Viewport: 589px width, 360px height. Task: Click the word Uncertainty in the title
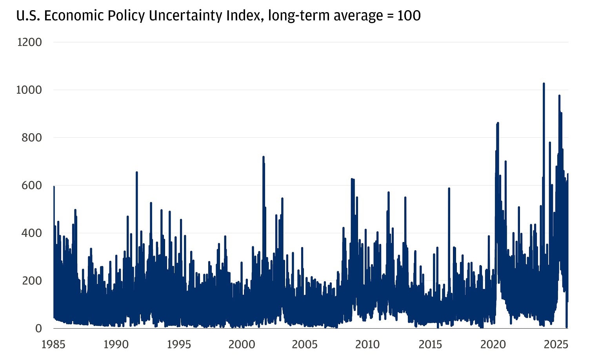(189, 16)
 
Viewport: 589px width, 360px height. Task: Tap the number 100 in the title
(409, 16)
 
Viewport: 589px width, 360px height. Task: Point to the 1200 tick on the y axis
(29, 42)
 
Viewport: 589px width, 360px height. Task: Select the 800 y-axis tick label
(31, 138)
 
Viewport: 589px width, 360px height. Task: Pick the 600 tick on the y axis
(31, 185)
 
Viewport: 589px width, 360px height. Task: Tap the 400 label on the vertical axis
(31, 233)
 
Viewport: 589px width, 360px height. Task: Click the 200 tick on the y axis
(31, 281)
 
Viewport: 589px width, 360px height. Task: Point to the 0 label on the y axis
(38, 328)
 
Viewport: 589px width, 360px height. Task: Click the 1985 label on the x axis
(53, 344)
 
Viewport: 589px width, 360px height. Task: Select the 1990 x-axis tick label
(116, 344)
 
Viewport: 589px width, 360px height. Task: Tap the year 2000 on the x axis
(242, 344)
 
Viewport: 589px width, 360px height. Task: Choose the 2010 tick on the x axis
(367, 344)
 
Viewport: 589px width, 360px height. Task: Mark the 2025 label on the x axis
(556, 344)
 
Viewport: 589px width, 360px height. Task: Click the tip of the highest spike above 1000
(544, 84)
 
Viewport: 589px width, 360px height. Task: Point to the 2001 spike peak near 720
(263, 157)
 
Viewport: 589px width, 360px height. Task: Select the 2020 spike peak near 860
(498, 123)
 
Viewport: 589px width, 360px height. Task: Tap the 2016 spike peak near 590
(449, 189)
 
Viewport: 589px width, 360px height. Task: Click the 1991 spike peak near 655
(136, 172)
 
